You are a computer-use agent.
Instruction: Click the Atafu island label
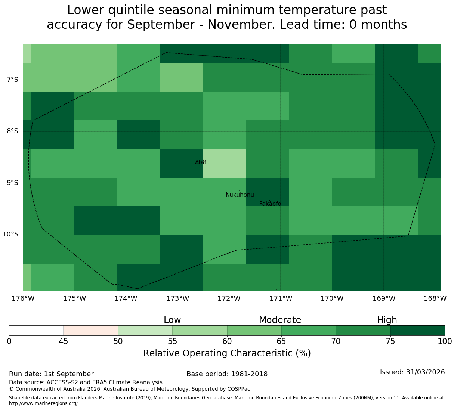tap(202, 162)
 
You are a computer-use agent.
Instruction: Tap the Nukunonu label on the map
tap(240, 195)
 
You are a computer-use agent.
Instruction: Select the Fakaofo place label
tap(270, 204)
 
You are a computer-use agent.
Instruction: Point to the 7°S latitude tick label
tap(12, 80)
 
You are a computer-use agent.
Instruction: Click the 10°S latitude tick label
tap(10, 234)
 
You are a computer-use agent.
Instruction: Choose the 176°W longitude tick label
tap(23, 298)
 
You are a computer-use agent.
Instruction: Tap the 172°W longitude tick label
tap(229, 298)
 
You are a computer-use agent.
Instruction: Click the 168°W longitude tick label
tap(435, 298)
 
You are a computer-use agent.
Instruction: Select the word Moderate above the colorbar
tap(280, 320)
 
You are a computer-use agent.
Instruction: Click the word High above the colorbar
tap(387, 320)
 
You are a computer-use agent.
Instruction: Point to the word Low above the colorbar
tap(172, 320)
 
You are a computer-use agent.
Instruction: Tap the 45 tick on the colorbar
tap(64, 341)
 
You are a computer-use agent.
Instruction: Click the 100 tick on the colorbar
tap(445, 341)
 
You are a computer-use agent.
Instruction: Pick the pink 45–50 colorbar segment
tap(91, 331)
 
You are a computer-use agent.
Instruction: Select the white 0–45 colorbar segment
tap(36, 331)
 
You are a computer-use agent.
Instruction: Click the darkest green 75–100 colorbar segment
tap(417, 331)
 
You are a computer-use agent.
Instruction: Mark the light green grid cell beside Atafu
tap(224, 163)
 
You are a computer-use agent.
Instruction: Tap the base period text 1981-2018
tap(249, 374)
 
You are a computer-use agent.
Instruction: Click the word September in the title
tap(161, 24)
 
